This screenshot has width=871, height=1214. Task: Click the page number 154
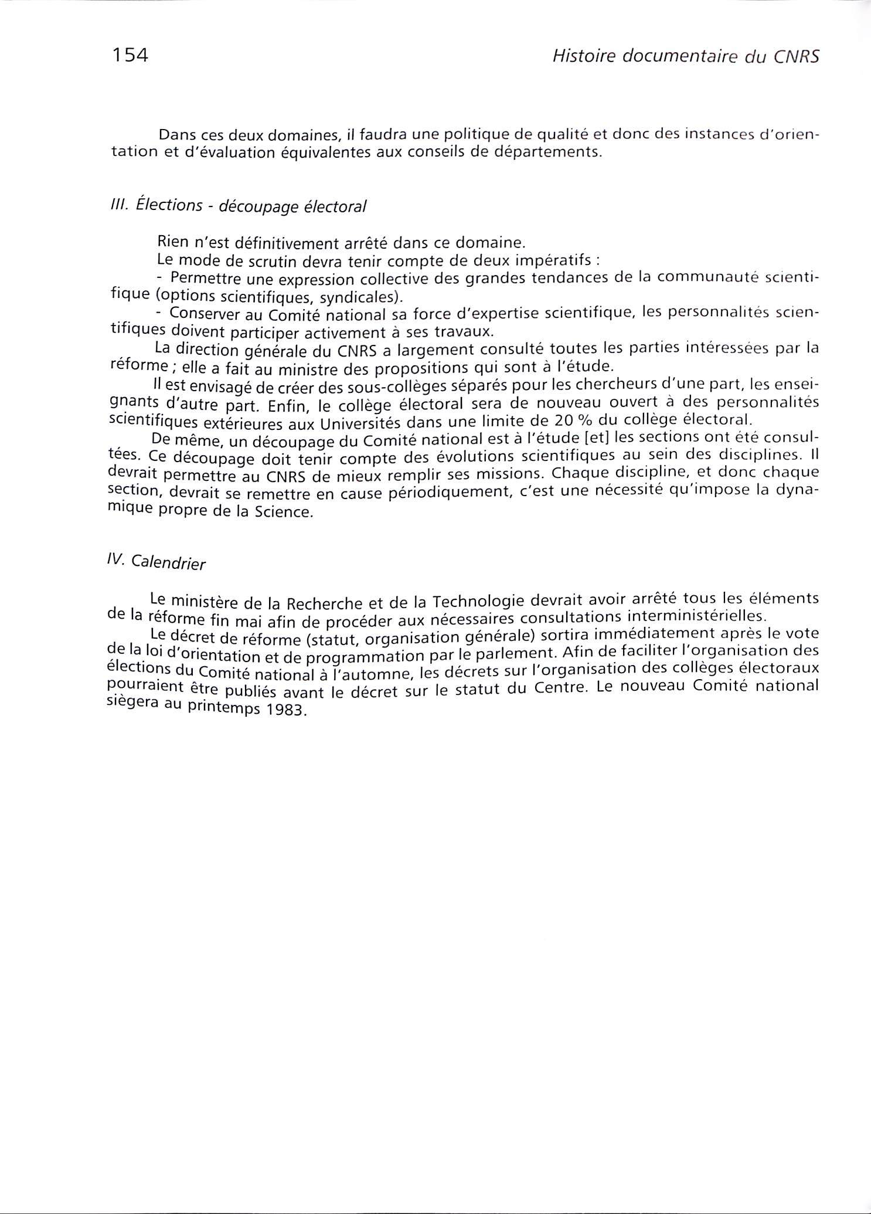(x=129, y=56)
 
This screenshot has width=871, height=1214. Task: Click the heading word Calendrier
(x=169, y=562)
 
